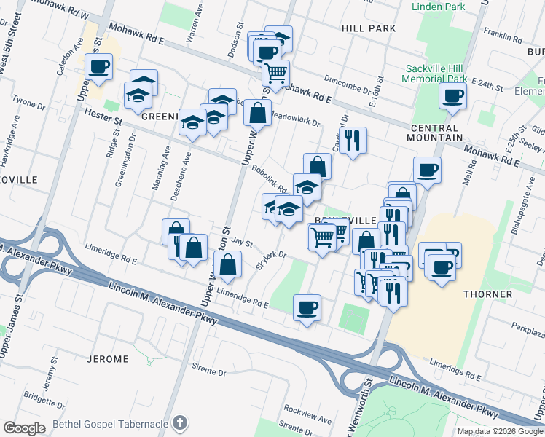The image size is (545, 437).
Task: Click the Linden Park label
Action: point(439,7)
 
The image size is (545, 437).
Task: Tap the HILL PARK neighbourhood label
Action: point(368,28)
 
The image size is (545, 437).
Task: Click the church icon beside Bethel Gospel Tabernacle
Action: point(181,422)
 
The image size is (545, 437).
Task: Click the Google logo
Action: point(24,428)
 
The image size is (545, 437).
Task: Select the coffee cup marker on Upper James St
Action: point(98,67)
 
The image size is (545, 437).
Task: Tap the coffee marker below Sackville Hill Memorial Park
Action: point(453,95)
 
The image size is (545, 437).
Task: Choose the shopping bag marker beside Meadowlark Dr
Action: point(257,112)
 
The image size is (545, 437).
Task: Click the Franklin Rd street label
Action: point(498,34)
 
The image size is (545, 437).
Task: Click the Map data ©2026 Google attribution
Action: point(499,431)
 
